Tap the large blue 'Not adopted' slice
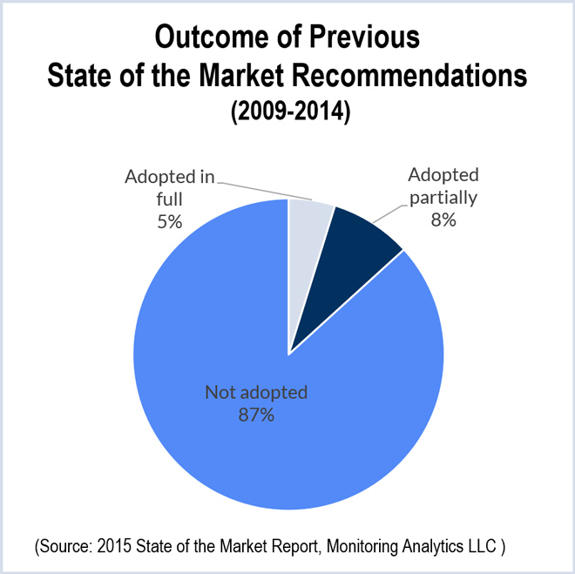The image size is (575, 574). [x=261, y=436]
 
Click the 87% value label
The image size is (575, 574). [x=256, y=415]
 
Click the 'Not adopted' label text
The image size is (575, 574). [x=256, y=393]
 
